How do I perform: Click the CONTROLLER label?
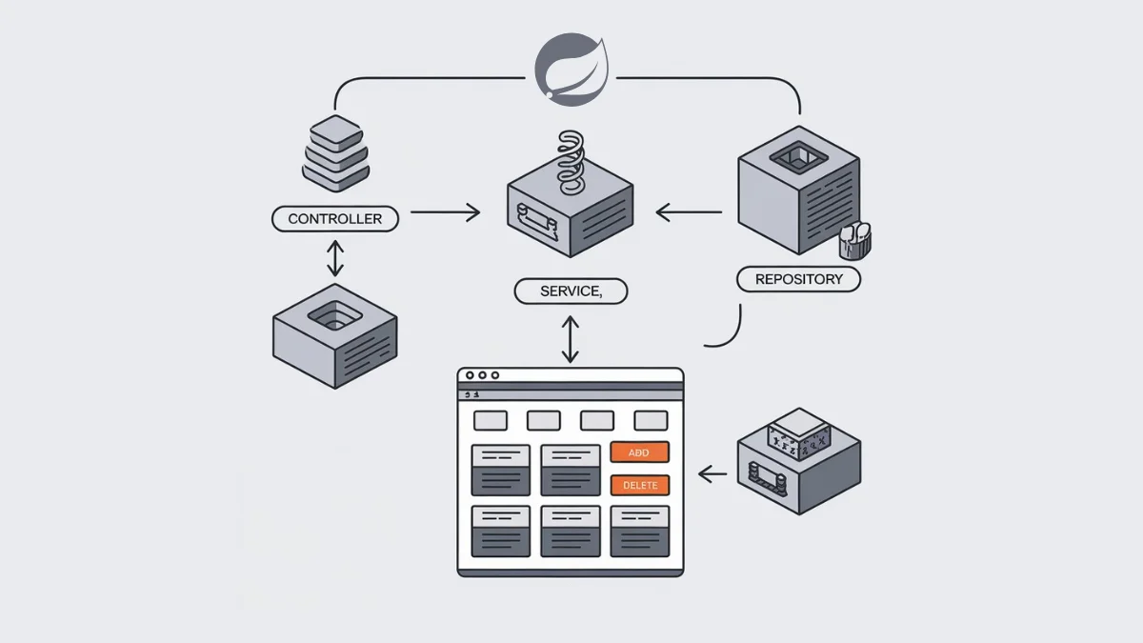(334, 219)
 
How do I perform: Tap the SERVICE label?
(571, 291)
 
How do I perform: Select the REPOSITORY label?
(798, 279)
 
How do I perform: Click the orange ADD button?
(639, 452)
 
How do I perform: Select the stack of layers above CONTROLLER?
(334, 152)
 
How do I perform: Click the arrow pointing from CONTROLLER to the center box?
(445, 212)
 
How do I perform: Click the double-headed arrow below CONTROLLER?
(334, 258)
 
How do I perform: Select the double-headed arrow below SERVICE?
(570, 339)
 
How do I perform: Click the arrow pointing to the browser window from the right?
(712, 472)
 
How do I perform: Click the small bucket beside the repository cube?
(854, 240)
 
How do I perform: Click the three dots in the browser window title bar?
(482, 376)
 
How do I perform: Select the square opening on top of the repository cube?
(797, 158)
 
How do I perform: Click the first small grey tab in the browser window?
(491, 420)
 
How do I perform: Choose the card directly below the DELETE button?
(639, 531)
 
